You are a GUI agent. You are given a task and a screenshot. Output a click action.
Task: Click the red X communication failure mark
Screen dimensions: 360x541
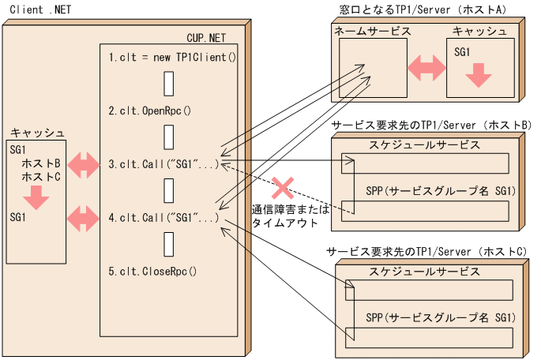pyautogui.click(x=283, y=189)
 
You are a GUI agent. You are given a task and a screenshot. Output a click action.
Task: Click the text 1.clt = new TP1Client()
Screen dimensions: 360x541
pyautogui.click(x=172, y=58)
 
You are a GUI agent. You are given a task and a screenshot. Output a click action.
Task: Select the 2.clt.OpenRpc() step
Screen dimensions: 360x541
pyautogui.click(x=150, y=111)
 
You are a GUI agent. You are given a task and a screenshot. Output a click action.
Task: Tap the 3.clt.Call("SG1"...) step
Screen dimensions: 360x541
pyautogui.click(x=163, y=165)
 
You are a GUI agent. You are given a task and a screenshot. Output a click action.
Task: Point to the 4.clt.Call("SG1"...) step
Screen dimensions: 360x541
pyautogui.click(x=163, y=217)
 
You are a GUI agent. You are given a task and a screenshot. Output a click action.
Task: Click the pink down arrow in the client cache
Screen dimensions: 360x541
pyautogui.click(x=36, y=197)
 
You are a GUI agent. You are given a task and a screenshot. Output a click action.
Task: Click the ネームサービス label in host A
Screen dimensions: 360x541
pyautogui.click(x=372, y=31)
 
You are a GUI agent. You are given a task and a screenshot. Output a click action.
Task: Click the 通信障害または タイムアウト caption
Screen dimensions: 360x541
pyautogui.click(x=285, y=216)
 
